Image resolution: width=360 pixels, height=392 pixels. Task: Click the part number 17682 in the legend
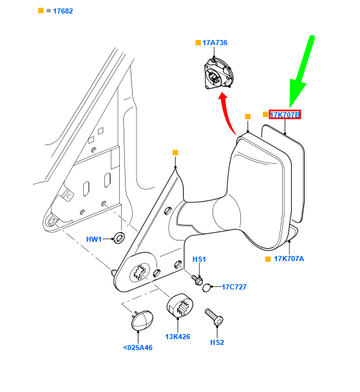63,11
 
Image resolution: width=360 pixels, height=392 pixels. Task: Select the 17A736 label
215,43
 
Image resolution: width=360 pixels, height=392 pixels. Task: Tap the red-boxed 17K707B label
285,115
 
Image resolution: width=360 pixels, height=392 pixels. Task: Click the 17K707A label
289,259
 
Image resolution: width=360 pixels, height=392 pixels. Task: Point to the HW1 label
94,239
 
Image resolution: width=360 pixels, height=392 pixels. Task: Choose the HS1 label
199,259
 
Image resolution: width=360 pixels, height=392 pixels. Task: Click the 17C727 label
234,287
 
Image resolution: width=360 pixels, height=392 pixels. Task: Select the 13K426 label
178,337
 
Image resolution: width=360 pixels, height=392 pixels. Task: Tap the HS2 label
217,342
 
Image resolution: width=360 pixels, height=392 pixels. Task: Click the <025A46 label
138,348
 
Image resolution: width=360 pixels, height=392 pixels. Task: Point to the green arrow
301,72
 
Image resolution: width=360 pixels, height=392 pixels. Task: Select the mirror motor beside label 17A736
219,73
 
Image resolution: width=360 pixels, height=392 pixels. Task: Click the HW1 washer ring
119,238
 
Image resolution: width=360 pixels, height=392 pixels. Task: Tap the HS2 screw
214,317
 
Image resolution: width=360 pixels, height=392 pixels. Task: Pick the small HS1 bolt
197,280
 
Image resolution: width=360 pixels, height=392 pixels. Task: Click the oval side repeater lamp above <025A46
142,320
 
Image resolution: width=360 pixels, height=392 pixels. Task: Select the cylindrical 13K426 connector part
180,306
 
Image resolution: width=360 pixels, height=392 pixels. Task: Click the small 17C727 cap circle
205,288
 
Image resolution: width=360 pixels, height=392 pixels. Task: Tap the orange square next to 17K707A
268,259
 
